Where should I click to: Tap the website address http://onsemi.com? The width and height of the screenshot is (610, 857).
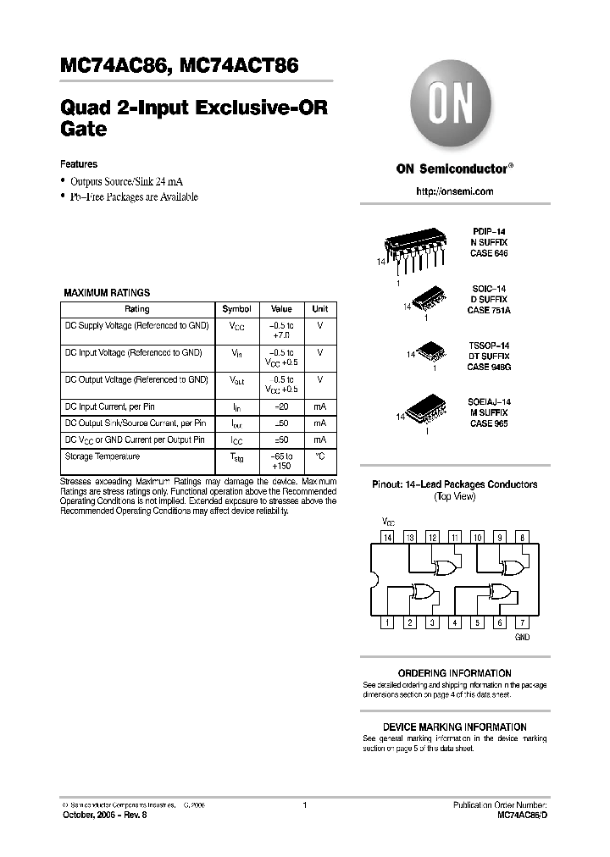454,191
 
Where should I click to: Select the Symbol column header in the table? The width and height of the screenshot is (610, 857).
236,309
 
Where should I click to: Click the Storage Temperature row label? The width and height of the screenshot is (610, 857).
103,456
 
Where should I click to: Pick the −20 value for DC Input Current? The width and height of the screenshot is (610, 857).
281,407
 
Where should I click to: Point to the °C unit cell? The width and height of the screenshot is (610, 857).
320,456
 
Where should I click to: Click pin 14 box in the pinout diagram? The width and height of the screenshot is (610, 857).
388,538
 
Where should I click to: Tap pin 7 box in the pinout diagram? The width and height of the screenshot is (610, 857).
522,623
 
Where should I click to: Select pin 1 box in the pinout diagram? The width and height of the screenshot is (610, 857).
388,623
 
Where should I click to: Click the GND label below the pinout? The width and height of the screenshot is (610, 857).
522,637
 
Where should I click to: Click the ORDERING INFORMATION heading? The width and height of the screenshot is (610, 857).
454,673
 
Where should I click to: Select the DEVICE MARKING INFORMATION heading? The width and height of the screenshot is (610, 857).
454,727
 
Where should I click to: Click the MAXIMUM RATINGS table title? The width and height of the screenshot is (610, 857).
107,293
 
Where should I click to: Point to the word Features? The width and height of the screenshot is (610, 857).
79,164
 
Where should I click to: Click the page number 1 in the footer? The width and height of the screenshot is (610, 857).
304,804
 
